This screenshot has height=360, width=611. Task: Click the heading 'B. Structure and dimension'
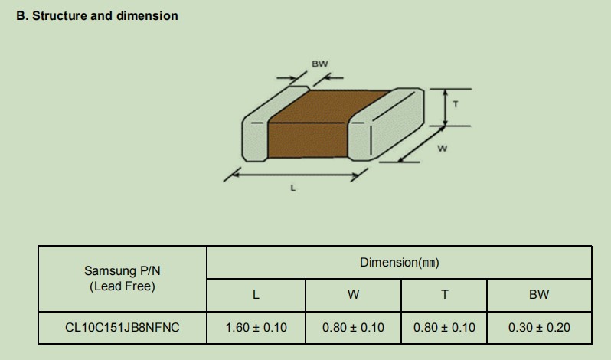coord(97,15)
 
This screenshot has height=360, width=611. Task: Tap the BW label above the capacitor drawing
coord(320,64)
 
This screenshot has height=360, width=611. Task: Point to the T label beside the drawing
coord(456,104)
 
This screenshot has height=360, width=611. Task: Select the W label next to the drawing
coord(443,149)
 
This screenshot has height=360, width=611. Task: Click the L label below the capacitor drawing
coord(293,188)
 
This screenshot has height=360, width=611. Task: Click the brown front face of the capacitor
coord(307,140)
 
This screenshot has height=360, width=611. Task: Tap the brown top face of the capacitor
coord(329,106)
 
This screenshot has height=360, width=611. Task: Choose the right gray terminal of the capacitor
coord(386,125)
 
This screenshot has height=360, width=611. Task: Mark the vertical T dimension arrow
coord(446,107)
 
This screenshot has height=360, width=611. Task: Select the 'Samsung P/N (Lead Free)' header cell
coord(123,279)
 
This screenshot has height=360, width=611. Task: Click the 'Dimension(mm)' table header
coord(400,263)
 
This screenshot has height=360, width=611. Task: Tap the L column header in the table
coord(256,295)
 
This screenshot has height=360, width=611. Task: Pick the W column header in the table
coord(354,295)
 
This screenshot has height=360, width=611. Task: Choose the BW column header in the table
coord(539,295)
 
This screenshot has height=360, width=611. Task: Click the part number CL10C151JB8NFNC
coord(123,327)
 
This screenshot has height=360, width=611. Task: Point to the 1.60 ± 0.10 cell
coord(256,327)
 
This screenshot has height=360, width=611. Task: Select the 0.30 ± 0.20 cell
coord(539,327)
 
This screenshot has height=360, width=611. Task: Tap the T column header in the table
coord(444,295)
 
